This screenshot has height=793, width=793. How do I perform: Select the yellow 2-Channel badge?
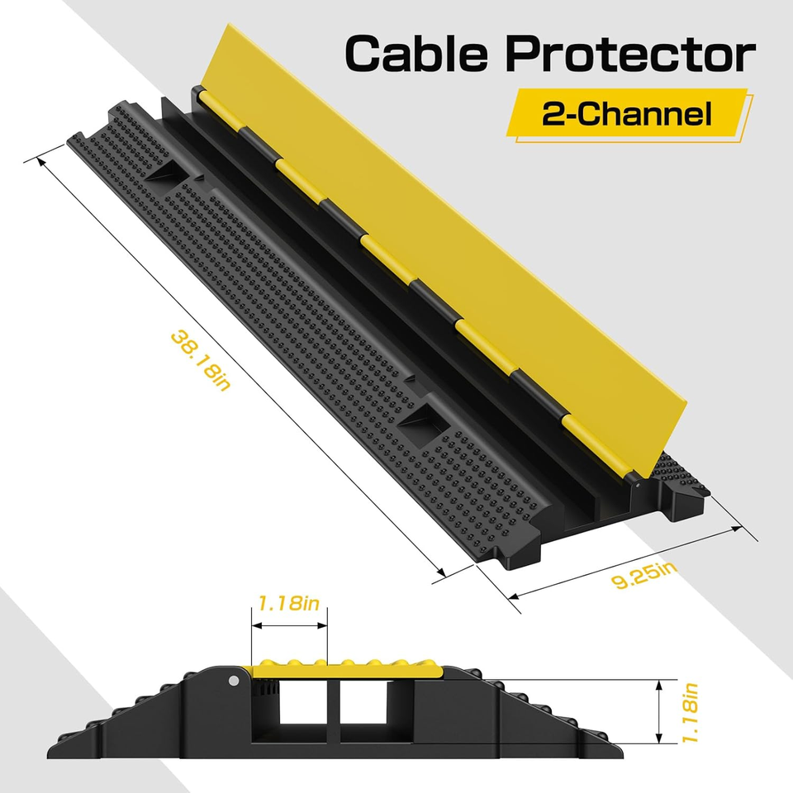pyautogui.click(x=626, y=114)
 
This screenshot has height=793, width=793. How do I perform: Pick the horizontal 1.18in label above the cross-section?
pyautogui.click(x=288, y=604)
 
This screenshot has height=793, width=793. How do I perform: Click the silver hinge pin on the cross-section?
pyautogui.click(x=234, y=681)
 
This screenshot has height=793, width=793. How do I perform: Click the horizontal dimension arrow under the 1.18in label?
pyautogui.click(x=289, y=625)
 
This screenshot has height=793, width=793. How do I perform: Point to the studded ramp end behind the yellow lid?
pyautogui.click(x=681, y=479)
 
